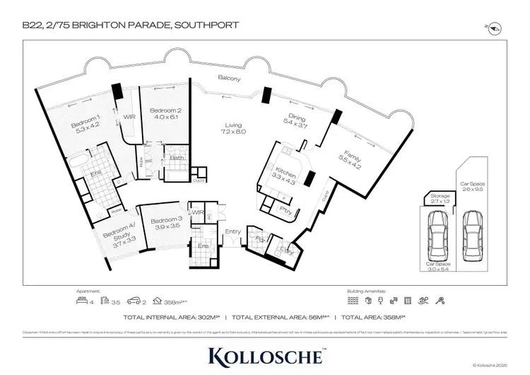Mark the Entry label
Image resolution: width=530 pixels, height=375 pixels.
click(x=232, y=231)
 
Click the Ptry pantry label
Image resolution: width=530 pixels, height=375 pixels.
click(x=287, y=211)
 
